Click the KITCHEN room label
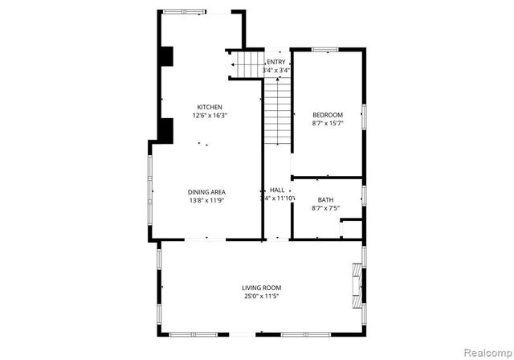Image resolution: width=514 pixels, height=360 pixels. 210,107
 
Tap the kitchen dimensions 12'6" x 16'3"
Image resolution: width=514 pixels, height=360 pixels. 210,116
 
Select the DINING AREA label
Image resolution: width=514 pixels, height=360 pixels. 206,191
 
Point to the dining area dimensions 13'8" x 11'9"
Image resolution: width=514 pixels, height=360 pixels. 206,200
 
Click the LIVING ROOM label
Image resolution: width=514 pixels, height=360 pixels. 262,287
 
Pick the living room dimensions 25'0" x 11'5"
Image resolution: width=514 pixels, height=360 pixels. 262,296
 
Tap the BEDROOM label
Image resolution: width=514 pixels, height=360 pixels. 327,115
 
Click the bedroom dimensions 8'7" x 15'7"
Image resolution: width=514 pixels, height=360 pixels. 327,124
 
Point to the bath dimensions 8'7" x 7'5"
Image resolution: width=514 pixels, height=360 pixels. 325,209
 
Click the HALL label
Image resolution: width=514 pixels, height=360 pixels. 277,190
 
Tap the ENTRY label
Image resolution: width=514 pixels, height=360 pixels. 275,62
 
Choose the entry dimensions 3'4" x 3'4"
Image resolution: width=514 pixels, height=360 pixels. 275,71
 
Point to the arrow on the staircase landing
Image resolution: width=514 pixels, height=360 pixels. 234,64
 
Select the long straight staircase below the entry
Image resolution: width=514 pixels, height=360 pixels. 276,112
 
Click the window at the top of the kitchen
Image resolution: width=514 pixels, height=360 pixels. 185,10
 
